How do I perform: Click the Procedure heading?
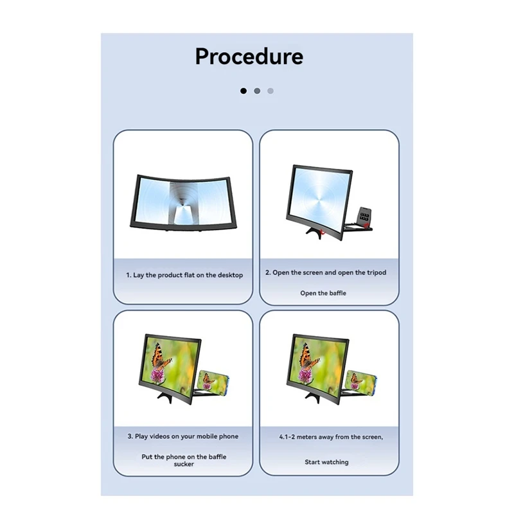tap(249, 57)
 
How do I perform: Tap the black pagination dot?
tap(244, 91)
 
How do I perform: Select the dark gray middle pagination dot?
tap(257, 91)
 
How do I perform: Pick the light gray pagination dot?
tap(270, 91)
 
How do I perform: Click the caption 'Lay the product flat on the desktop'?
tap(188, 275)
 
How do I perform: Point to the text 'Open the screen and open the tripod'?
tap(330, 272)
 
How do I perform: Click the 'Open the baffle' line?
tap(323, 293)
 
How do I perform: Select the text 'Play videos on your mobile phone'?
tap(187, 436)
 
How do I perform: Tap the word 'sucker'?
tap(184, 464)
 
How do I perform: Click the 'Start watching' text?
tap(326, 462)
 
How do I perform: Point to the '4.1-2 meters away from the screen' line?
tap(331, 437)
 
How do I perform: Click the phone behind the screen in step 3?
tap(213, 383)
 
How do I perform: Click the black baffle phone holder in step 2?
tap(364, 217)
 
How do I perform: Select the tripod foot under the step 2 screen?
tap(315, 232)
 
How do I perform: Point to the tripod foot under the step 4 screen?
tap(313, 396)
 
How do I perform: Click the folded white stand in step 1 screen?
tap(184, 215)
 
